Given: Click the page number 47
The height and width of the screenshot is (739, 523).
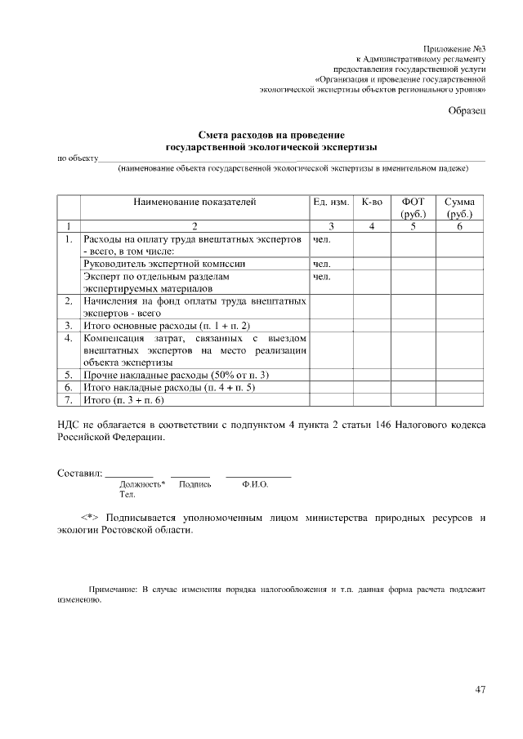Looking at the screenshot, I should click(481, 690).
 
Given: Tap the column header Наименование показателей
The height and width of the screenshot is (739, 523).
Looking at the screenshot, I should click(195, 202).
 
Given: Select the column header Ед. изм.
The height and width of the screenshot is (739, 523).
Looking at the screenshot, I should click(331, 202).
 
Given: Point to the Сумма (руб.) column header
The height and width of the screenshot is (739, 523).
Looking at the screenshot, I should click(460, 207).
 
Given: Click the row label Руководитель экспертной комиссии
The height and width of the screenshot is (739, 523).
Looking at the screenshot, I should click(165, 265).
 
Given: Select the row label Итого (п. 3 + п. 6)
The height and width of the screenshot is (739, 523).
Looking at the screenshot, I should click(124, 400).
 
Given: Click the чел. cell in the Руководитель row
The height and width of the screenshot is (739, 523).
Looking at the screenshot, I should click(321, 265).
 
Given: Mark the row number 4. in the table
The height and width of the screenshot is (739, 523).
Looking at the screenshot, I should click(69, 336).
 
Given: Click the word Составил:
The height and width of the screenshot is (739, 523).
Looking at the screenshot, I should click(79, 473).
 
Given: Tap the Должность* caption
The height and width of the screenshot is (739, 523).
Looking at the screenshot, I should click(142, 484).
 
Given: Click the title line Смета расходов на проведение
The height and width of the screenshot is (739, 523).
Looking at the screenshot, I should click(271, 135).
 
